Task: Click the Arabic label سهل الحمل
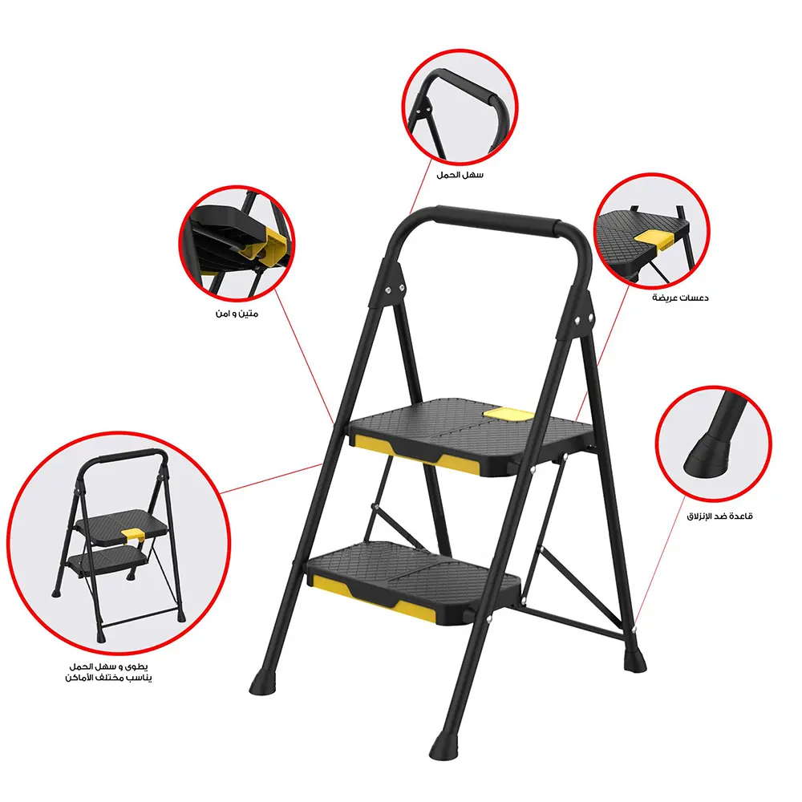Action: [460, 174]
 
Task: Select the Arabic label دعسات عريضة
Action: [679, 298]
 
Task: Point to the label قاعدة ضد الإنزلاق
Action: [719, 516]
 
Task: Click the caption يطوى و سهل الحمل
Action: [111, 666]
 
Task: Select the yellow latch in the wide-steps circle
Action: [654, 237]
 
